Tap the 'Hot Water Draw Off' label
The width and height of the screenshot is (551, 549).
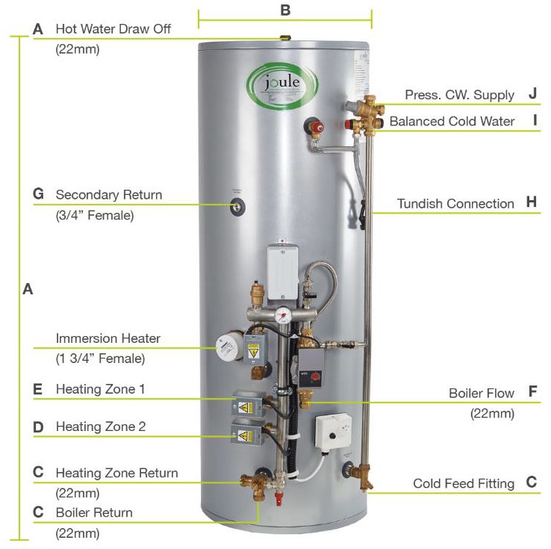click(x=113, y=29)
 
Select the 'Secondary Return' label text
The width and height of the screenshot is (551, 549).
click(x=109, y=195)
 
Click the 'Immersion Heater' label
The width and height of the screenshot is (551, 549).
click(x=108, y=338)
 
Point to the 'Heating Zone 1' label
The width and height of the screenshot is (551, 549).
click(x=100, y=389)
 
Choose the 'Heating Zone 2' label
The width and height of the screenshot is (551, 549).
click(x=101, y=427)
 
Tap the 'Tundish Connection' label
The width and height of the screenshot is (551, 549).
click(x=455, y=203)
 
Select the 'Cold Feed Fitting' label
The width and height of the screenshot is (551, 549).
click(x=464, y=483)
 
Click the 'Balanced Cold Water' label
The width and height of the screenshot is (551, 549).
click(x=452, y=121)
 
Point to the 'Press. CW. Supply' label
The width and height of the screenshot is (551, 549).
click(x=459, y=95)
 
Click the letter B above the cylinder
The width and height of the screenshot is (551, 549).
click(x=284, y=10)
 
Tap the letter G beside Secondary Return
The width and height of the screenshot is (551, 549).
click(x=39, y=195)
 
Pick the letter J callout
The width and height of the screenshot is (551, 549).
click(x=532, y=94)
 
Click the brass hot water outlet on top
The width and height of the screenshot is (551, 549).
click(x=284, y=37)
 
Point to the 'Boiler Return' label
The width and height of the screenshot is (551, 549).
click(x=94, y=512)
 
